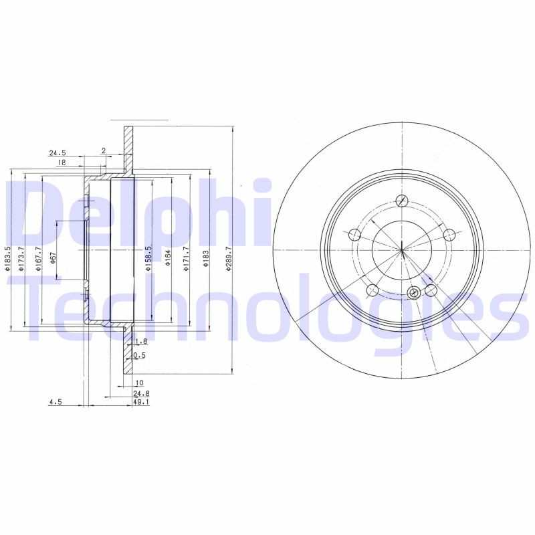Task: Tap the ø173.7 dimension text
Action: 21,259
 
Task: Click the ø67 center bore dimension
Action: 53,259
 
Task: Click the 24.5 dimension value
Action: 57,153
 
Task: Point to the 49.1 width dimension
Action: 140,403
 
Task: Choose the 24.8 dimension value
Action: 140,395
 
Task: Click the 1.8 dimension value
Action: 140,342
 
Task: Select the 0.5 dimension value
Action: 139,356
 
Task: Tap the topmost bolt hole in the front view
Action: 402,201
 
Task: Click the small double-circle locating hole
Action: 413,292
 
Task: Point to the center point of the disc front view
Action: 402,250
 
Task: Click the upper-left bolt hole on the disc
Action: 354,235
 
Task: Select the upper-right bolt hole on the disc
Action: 449,235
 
